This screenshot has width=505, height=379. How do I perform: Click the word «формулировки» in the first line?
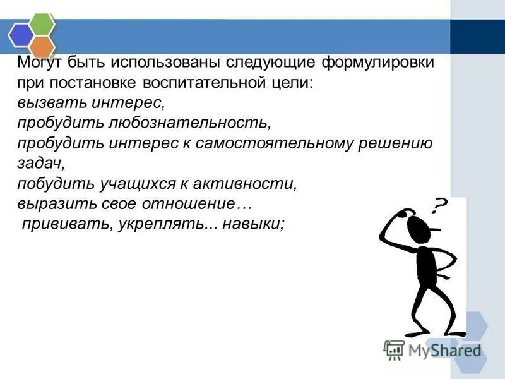pyautogui.click(x=377, y=64)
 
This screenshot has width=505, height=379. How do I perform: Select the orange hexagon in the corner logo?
pyautogui.click(x=42, y=45)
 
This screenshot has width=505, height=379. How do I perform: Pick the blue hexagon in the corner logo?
pyautogui.click(x=20, y=35)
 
